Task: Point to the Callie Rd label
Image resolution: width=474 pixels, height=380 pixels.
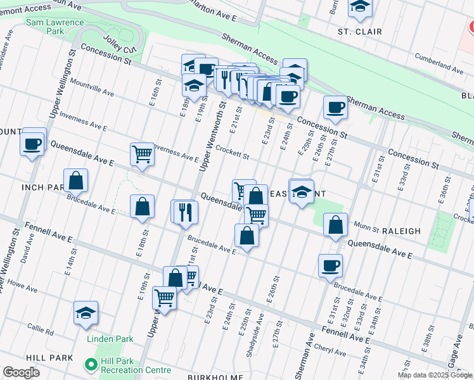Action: (x=41, y=329)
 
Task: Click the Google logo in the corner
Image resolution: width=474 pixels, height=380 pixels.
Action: (x=22, y=372)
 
